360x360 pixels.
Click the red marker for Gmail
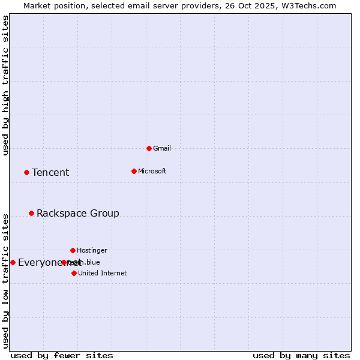tap(149, 148)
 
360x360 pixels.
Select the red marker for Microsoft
tap(134, 171)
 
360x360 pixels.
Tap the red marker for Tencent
tap(26, 172)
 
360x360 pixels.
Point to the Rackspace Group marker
tap(31, 213)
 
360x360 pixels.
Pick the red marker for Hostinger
tap(73, 250)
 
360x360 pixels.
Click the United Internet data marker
tap(74, 273)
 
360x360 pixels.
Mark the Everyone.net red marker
tap(13, 262)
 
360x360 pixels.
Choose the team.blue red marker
tap(64, 262)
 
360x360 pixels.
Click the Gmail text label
tap(162, 148)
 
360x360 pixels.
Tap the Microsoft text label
tap(152, 171)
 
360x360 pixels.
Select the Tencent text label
tap(50, 172)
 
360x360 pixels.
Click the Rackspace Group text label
tap(78, 213)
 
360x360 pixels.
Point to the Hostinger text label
tap(92, 250)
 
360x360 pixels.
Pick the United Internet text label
tap(103, 273)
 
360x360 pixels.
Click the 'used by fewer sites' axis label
tap(62, 355)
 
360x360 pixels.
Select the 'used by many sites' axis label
tap(301, 355)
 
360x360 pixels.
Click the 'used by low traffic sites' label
tap(6, 280)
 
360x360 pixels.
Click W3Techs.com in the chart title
tap(309, 5)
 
